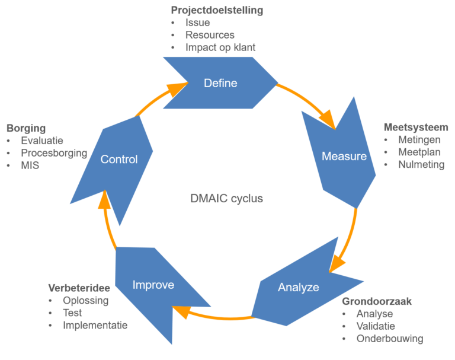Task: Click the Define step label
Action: [x=220, y=83]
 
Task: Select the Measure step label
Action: [x=344, y=157]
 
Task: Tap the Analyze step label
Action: [x=299, y=288]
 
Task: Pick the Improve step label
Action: [x=153, y=285]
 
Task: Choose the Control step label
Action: [x=119, y=159]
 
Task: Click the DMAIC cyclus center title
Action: [x=226, y=199]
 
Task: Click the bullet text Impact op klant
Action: [x=220, y=47]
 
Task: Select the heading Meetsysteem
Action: [x=416, y=128]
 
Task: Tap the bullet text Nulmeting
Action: [x=421, y=165]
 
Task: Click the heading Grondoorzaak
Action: [x=377, y=301]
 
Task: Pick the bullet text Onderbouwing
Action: [x=390, y=339]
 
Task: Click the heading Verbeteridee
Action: [x=79, y=288]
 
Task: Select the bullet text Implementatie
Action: [x=95, y=325]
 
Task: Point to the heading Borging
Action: [x=26, y=128]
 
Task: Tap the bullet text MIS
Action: [x=30, y=165]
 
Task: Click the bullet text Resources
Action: [x=210, y=35]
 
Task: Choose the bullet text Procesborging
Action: [x=54, y=153]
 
